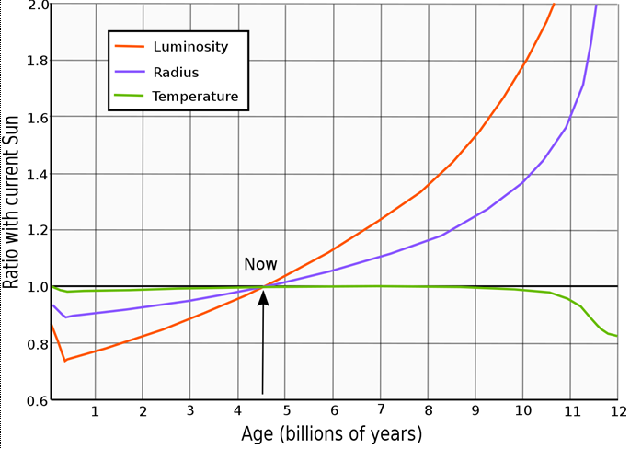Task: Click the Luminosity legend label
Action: click(x=189, y=45)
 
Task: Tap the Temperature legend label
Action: click(x=195, y=96)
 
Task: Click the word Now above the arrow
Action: click(x=260, y=264)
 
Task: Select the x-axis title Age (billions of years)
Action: click(x=332, y=432)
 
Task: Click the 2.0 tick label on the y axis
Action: click(x=38, y=6)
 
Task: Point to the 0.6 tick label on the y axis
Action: click(x=38, y=400)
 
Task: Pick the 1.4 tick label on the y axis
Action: click(x=38, y=174)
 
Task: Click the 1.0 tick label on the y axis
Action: click(x=38, y=287)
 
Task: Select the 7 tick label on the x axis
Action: click(x=380, y=411)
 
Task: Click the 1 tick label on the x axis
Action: click(x=95, y=411)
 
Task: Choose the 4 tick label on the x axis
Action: click(x=237, y=411)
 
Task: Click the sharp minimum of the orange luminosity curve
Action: click(x=64, y=360)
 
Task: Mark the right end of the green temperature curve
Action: click(x=616, y=336)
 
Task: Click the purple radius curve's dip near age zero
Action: click(x=65, y=317)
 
